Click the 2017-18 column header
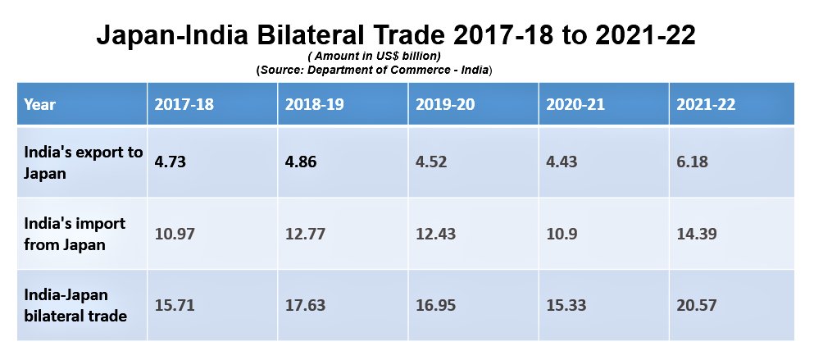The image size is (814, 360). pos(184,104)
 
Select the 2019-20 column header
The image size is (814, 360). pos(445,104)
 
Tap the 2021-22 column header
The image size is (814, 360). pos(706,104)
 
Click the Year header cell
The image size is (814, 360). pos(39,104)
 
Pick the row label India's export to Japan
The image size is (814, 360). pos(83,162)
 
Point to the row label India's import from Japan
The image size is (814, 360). pos(75,234)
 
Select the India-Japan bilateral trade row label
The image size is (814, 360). pos(75,305)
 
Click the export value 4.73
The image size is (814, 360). pos(170,162)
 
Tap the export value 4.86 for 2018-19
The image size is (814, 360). pos(301,162)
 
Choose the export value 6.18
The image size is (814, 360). pos(692,162)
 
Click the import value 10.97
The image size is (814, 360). pos(175,234)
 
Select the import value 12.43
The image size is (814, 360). pos(435,234)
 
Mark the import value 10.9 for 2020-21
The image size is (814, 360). pos(562,234)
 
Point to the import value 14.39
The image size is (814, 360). pos(697,234)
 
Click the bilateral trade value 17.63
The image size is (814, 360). pos(305,305)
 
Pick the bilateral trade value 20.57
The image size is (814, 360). pos(697,305)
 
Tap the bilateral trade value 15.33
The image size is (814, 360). pos(566,305)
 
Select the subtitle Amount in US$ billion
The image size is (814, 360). pos(375,56)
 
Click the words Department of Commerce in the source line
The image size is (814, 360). pos(381,70)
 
